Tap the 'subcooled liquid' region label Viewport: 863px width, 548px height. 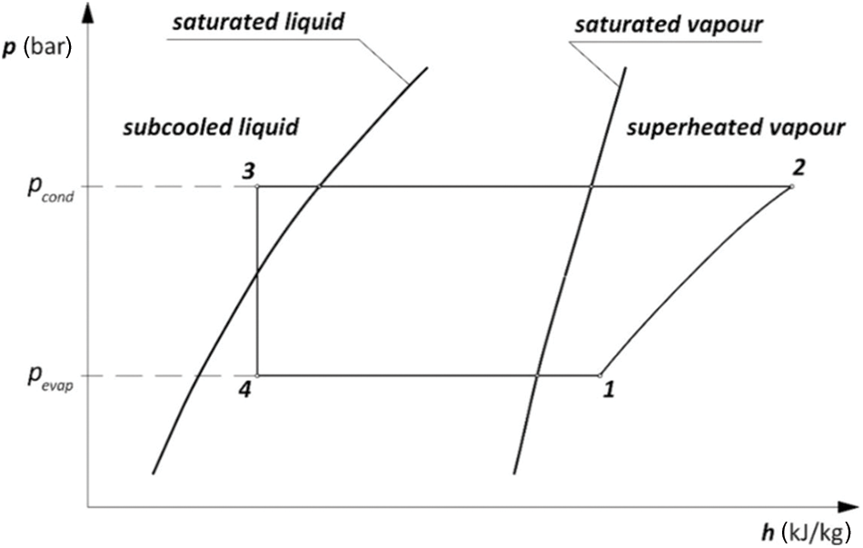[x=210, y=127]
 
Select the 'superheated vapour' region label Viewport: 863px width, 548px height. [x=736, y=127]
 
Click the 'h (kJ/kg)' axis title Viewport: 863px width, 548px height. [x=805, y=530]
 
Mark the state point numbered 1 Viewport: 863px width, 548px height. [x=600, y=374]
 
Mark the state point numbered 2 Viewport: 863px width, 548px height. [x=792, y=186]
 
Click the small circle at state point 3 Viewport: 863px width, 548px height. [x=258, y=186]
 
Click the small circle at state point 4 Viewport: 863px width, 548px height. [x=258, y=374]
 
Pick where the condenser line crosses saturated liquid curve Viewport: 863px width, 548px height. [x=319, y=186]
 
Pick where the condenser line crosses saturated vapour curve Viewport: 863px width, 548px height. [x=590, y=186]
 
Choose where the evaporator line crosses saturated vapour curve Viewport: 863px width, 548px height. [x=537, y=374]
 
